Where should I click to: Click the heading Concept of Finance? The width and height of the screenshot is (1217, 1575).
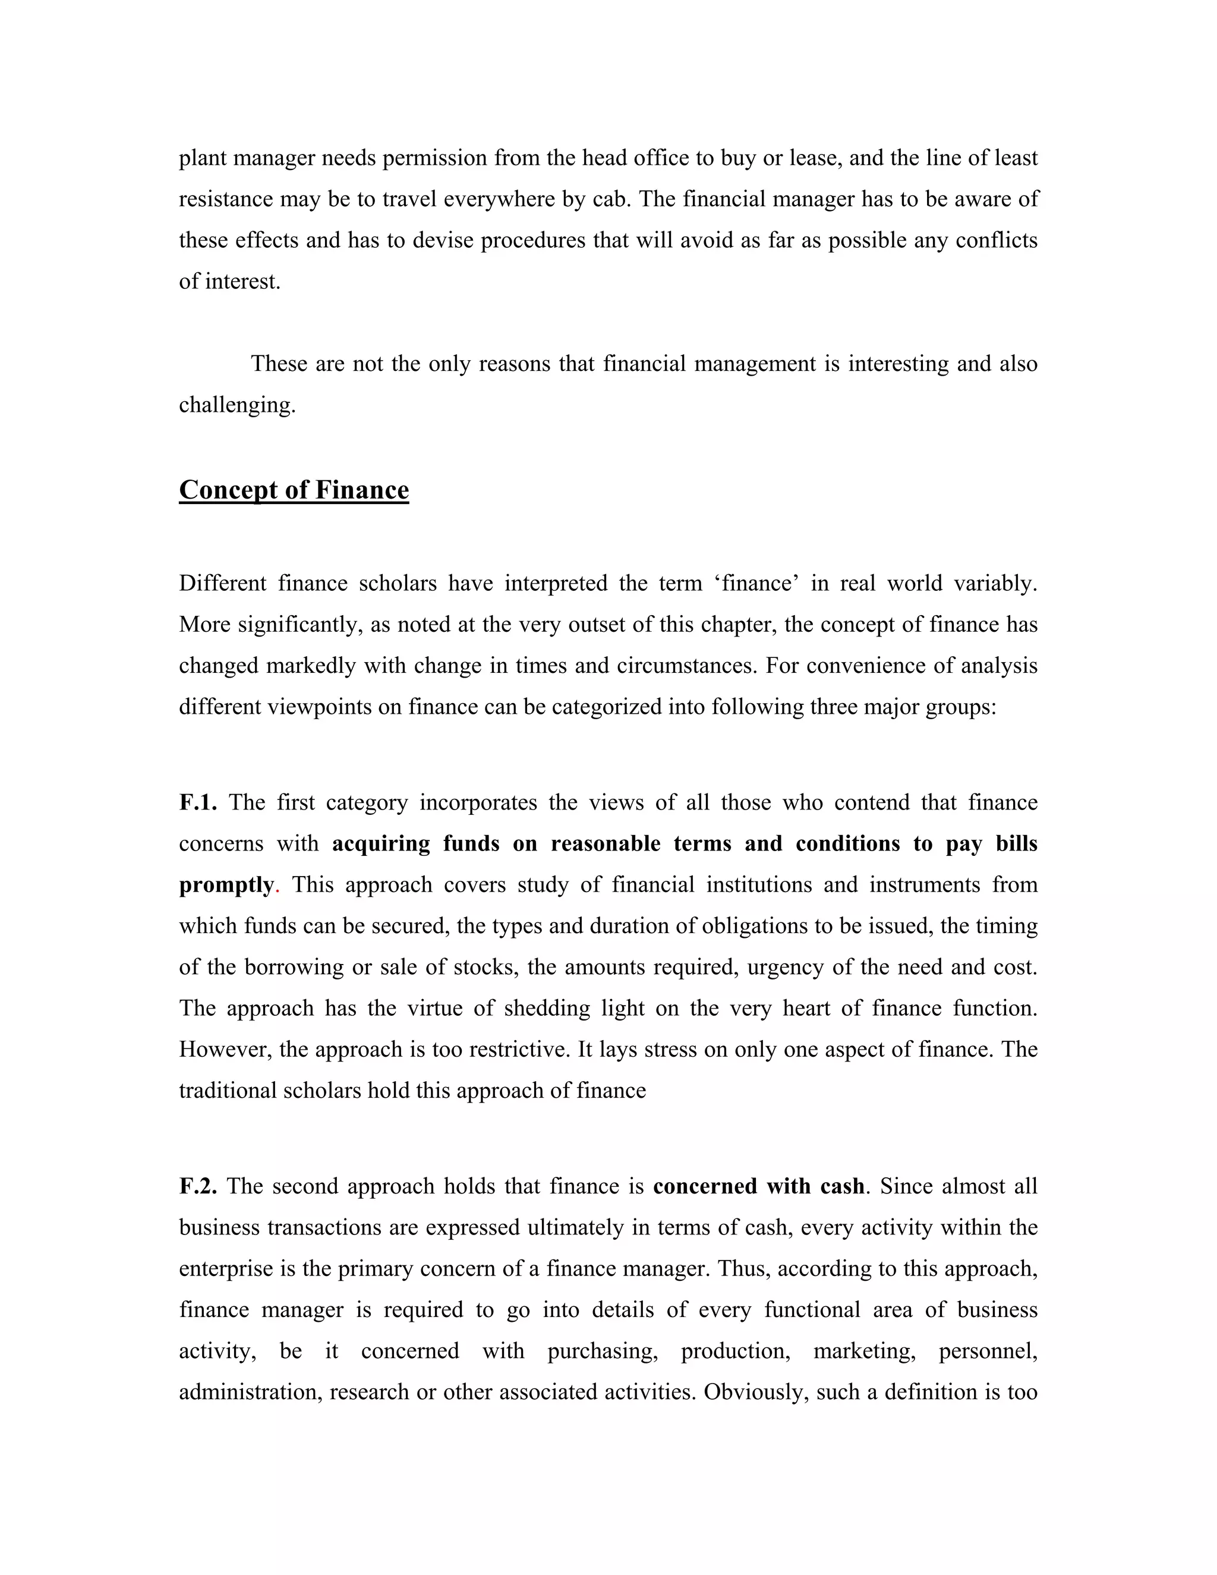tap(294, 490)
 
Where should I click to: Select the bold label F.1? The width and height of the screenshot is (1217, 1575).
tap(197, 802)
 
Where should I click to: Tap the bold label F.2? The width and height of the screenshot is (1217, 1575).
tap(197, 1186)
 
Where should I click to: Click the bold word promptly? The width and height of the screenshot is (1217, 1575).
tap(226, 885)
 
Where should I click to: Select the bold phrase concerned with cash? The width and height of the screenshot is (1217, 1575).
tap(758, 1186)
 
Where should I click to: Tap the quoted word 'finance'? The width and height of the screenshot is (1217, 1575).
tap(757, 582)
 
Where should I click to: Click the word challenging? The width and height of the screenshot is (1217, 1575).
tap(237, 405)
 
